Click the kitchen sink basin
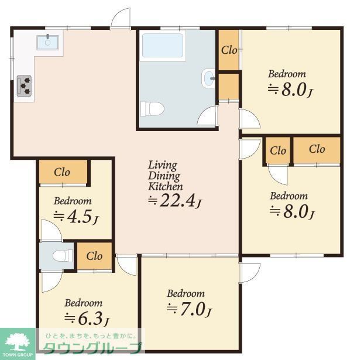click(47, 42)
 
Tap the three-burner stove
click(24, 85)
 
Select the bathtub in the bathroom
click(163, 46)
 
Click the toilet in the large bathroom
click(152, 108)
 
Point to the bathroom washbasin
click(208, 78)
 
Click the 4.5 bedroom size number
click(80, 217)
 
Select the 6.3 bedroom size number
click(91, 318)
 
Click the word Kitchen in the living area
click(165, 186)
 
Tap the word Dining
click(164, 176)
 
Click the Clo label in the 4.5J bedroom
click(62, 172)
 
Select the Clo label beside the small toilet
click(94, 256)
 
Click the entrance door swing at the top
click(121, 18)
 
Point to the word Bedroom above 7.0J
click(186, 294)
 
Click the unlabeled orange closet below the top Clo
click(229, 87)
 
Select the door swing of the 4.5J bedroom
click(51, 229)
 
